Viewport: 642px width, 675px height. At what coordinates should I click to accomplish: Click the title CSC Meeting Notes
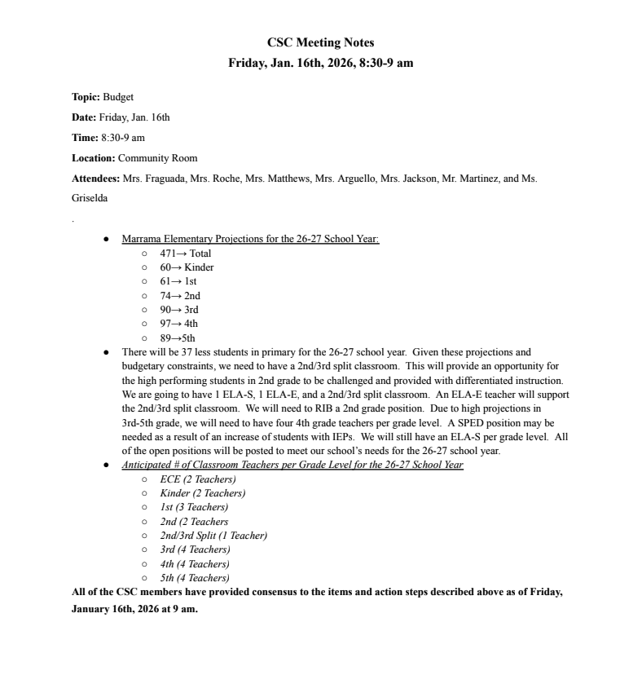point(320,42)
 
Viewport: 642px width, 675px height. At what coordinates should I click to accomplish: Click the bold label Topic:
point(86,97)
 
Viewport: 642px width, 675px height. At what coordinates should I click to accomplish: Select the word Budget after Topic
point(118,97)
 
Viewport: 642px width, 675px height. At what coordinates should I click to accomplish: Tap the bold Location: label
point(94,158)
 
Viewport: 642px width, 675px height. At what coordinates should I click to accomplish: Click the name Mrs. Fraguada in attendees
point(153,179)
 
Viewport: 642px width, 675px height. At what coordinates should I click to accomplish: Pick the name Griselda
point(90,198)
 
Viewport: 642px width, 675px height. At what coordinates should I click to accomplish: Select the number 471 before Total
point(168,254)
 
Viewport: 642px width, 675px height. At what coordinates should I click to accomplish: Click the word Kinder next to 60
point(200,267)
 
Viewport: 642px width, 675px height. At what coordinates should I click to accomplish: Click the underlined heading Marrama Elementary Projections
point(250,240)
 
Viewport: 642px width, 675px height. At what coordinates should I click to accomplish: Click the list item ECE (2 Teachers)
point(198,479)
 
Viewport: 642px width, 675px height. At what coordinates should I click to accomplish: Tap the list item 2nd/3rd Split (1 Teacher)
point(213,536)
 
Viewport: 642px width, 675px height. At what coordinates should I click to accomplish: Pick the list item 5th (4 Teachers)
point(195,578)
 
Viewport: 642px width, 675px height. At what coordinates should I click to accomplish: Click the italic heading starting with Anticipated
point(292,465)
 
